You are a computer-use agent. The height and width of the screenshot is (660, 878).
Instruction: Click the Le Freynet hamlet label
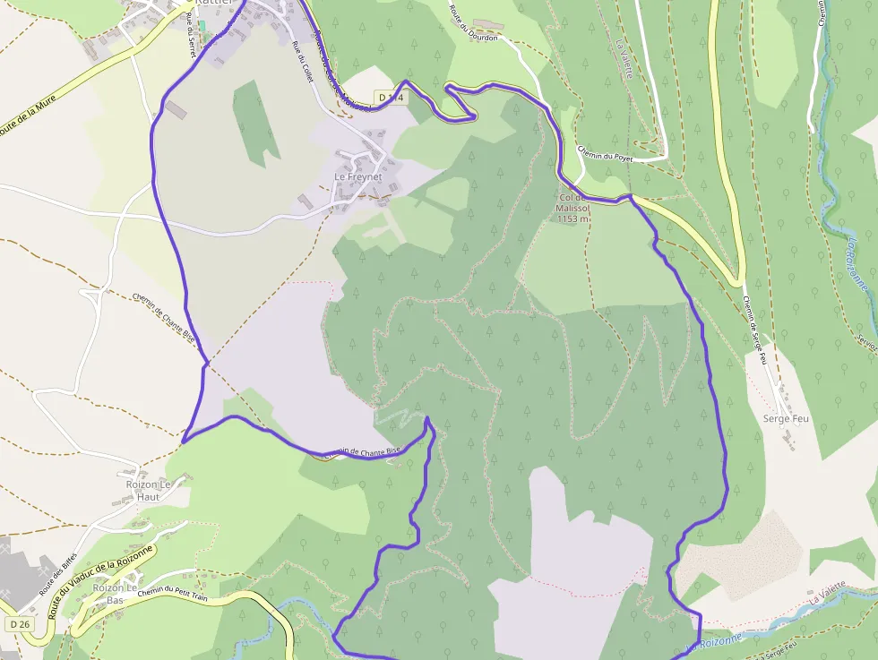coord(357,177)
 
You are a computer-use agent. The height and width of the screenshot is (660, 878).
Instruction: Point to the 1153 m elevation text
coord(573,218)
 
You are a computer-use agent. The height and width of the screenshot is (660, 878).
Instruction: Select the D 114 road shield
coord(391,97)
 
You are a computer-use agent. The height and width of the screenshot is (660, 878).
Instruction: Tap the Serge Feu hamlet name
coord(786,418)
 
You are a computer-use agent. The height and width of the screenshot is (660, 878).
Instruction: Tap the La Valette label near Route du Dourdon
coord(624,58)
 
